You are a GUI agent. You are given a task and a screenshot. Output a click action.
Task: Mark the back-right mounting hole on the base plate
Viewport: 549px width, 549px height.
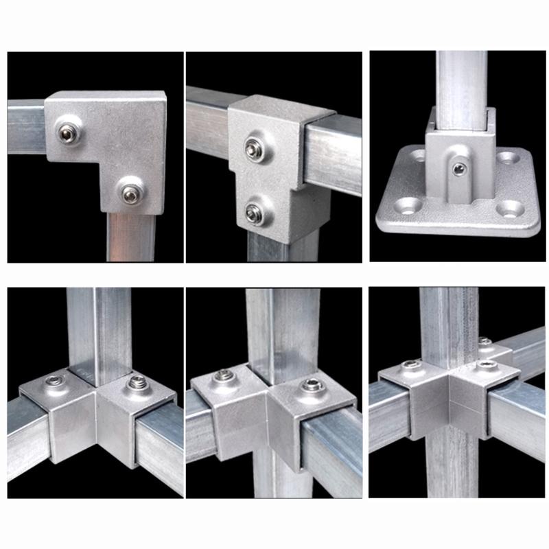coord(506,158)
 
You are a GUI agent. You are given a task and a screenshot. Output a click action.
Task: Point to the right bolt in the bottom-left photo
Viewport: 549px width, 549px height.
coord(135,382)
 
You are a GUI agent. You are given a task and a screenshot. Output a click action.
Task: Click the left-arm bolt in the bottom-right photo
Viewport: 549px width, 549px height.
coord(410,364)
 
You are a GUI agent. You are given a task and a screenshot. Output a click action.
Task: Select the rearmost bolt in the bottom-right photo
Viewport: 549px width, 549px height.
coord(485,342)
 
